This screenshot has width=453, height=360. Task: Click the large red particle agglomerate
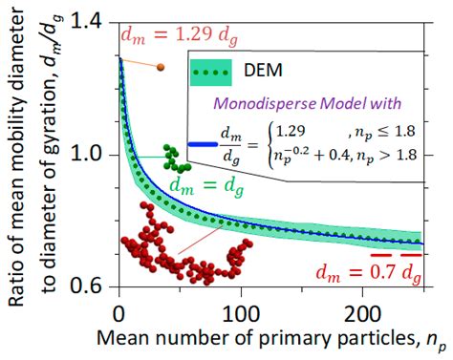coord(182,248)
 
